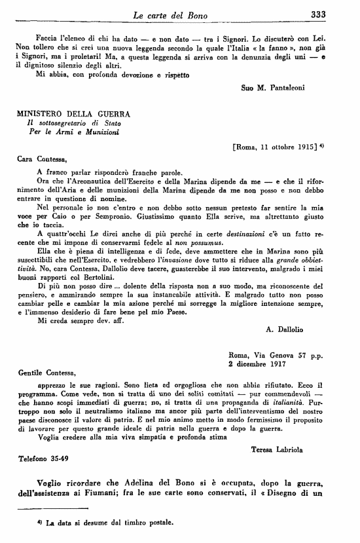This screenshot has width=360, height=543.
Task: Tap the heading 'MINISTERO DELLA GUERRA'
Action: [x=73, y=114]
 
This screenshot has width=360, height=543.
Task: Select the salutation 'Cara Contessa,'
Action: [x=41, y=159]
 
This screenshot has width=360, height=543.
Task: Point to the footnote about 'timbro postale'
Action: [x=105, y=523]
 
